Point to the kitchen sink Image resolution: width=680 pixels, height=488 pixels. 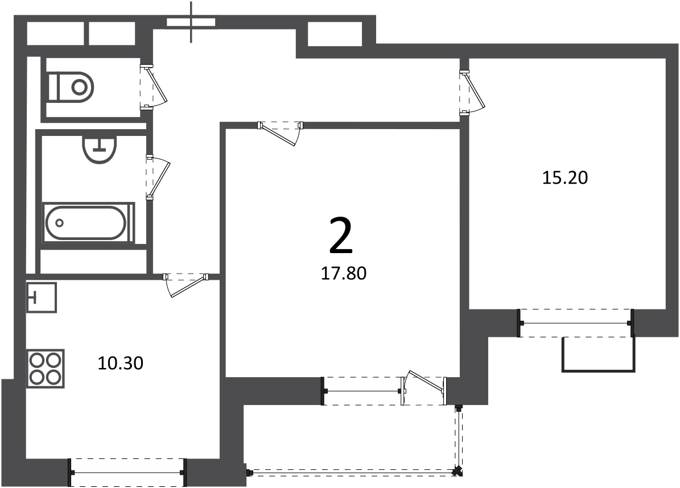click(42, 297)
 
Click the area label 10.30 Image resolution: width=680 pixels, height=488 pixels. click(121, 363)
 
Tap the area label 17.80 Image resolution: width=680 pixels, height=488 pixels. click(344, 274)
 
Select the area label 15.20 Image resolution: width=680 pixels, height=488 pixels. click(565, 177)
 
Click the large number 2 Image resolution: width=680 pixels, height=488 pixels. click(341, 236)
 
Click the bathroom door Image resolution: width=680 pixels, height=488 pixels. click(158, 177)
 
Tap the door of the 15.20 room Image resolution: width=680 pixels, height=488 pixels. click(473, 93)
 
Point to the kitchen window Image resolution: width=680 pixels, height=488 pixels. click(127, 473)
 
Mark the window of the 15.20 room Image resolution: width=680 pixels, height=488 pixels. click(576, 323)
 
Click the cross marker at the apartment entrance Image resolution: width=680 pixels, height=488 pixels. click(191, 23)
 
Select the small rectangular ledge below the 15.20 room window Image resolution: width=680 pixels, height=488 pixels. click(599, 354)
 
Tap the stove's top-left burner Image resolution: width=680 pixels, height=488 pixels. click(36, 359)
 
